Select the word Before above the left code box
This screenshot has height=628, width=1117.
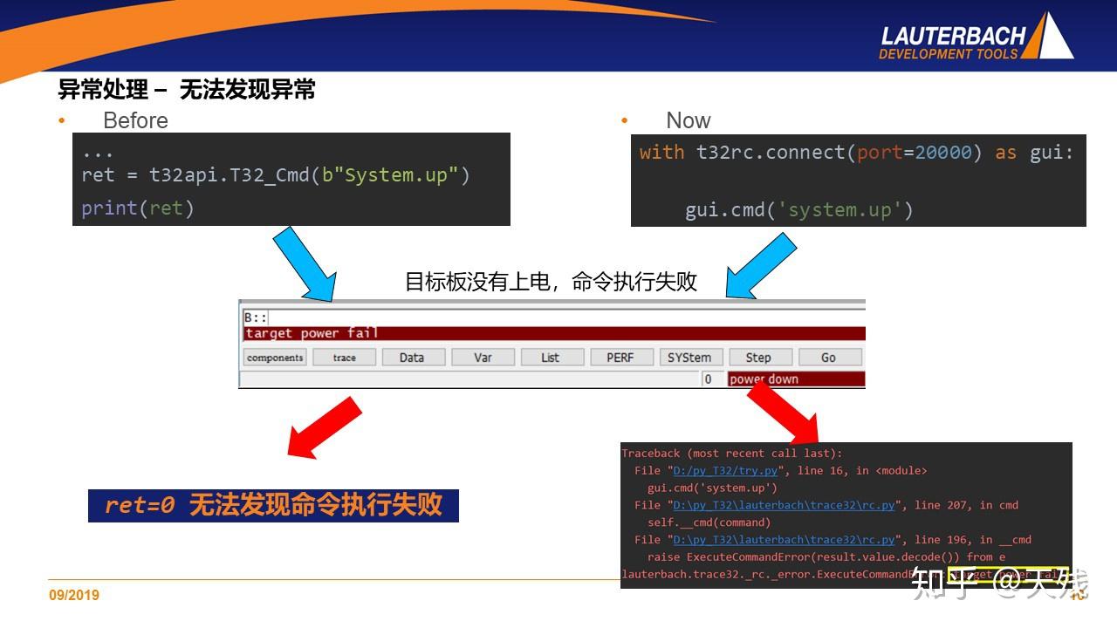(135, 120)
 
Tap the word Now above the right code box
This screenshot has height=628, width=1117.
(688, 120)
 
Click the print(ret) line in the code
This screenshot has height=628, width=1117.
(137, 208)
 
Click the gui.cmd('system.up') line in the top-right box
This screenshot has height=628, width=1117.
(798, 210)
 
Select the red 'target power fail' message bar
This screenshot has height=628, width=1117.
(553, 333)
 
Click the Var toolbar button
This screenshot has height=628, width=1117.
(483, 358)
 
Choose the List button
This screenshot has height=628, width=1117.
(550, 358)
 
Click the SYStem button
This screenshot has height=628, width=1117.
(689, 358)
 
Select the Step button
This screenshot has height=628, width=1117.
(757, 358)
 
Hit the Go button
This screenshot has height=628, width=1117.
(828, 358)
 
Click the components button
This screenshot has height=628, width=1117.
(275, 358)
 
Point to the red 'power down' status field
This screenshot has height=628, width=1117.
(795, 379)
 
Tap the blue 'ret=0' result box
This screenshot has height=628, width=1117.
(273, 505)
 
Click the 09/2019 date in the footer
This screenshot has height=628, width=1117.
(74, 595)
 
